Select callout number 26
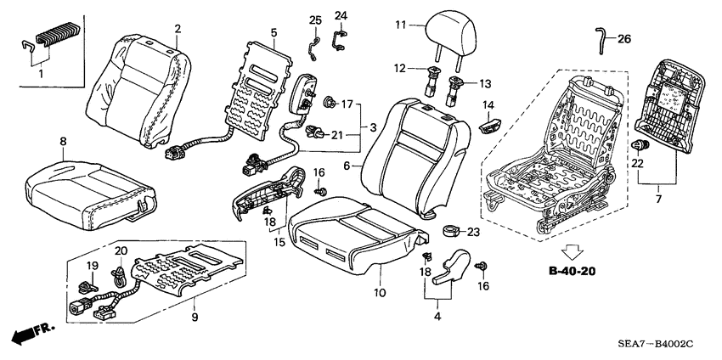624,38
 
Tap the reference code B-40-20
572,272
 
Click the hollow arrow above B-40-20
573,250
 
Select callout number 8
62,140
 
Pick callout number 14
489,104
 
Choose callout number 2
178,30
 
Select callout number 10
379,293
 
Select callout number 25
315,20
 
